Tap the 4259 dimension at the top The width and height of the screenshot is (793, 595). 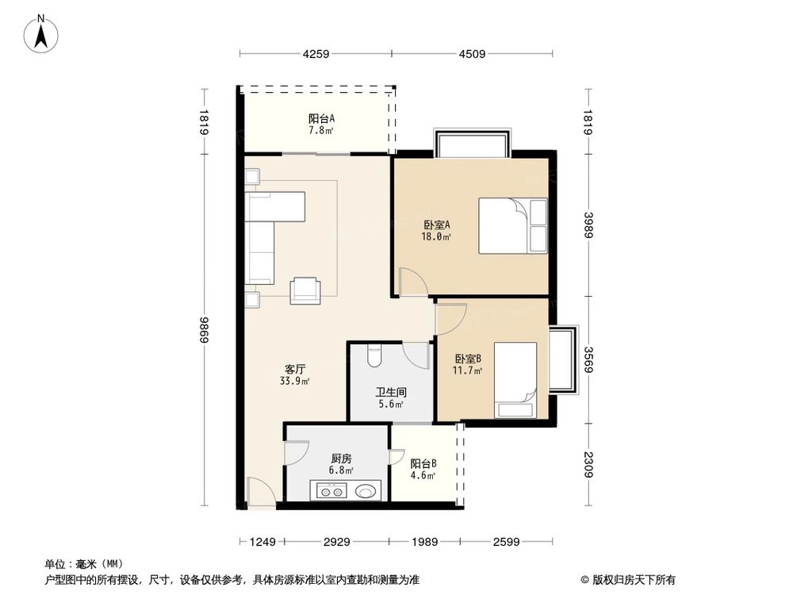tap(315, 55)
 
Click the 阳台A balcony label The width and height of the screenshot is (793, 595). tap(321, 125)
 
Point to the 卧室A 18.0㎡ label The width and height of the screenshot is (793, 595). tap(437, 229)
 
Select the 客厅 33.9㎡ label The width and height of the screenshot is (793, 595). tap(295, 374)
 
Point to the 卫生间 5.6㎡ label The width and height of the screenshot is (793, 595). tap(391, 397)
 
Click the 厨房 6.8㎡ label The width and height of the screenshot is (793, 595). tap(342, 463)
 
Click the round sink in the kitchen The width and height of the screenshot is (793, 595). tap(366, 492)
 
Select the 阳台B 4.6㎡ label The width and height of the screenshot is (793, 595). tap(423, 470)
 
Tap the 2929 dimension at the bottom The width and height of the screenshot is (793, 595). tap(338, 543)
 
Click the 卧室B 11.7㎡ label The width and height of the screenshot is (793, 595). tap(468, 364)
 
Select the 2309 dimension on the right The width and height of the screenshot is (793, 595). tap(588, 466)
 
